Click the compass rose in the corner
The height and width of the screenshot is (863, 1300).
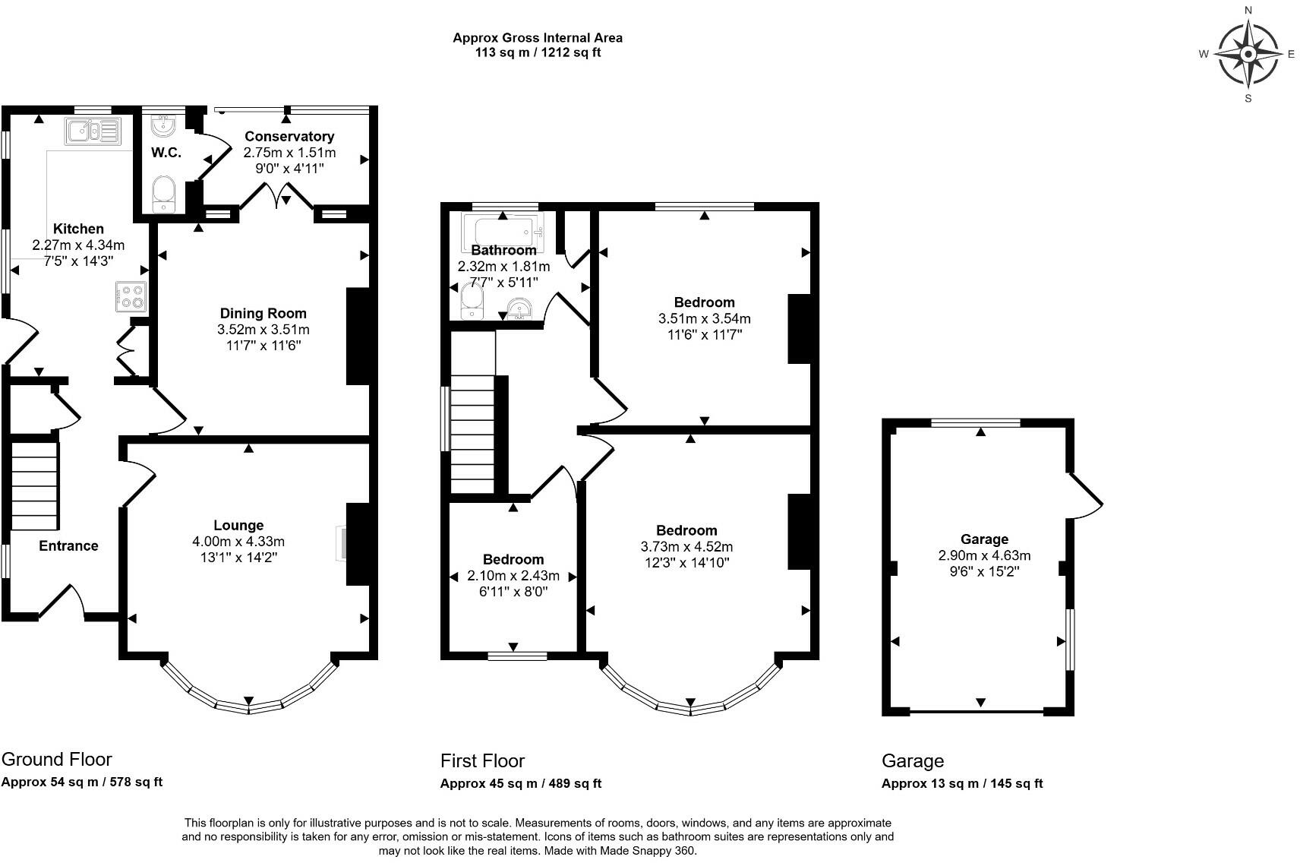click(x=1248, y=55)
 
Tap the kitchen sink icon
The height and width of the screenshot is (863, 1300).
click(x=93, y=131)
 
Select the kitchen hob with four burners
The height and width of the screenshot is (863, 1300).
click(x=131, y=296)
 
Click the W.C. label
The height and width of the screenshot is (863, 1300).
click(x=166, y=153)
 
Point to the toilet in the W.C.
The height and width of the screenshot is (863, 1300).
click(x=164, y=194)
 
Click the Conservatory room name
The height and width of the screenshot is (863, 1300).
click(x=289, y=137)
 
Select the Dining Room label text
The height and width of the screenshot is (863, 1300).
click(x=263, y=314)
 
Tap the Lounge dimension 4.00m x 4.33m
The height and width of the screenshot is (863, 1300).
click(x=238, y=542)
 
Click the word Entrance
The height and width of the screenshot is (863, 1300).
click(x=68, y=546)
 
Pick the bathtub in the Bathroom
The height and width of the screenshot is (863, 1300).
click(x=503, y=231)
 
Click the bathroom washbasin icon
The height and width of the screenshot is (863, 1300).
click(x=519, y=309)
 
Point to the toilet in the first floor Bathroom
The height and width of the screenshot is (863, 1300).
click(x=472, y=301)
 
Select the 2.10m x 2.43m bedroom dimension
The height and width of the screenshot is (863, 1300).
click(x=513, y=576)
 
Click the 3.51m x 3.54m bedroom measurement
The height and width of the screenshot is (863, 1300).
click(x=705, y=319)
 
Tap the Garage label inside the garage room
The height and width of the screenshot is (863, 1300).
click(x=984, y=539)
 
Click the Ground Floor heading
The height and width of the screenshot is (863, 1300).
click(x=56, y=759)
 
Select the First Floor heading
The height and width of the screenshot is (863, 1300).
click(x=482, y=760)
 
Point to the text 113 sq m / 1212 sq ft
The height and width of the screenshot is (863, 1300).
click(x=538, y=53)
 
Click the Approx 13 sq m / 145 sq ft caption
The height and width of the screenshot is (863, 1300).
click(x=961, y=783)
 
